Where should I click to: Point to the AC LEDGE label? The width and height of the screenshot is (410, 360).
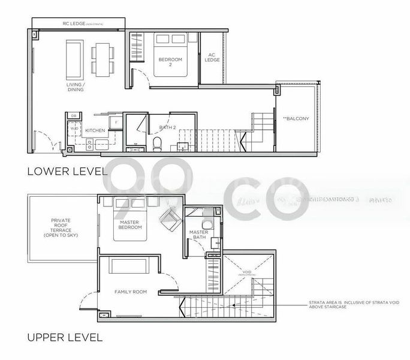212,57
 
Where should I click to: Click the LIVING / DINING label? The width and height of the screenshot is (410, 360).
76,88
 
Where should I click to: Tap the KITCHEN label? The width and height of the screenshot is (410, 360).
95,130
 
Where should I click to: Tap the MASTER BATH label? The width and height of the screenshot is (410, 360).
198,235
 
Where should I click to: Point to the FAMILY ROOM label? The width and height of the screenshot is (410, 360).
131,292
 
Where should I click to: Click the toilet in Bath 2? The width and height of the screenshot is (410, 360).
157,143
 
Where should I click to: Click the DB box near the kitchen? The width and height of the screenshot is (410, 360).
73,115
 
